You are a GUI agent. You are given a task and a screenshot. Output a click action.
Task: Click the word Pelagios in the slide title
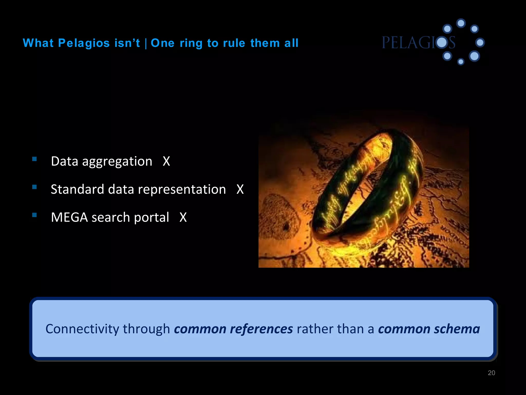click(x=84, y=43)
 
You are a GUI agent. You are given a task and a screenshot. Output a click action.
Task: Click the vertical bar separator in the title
click(x=146, y=43)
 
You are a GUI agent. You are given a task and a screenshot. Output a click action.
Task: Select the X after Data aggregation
click(x=166, y=161)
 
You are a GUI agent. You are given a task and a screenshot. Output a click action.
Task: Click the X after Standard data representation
click(x=240, y=190)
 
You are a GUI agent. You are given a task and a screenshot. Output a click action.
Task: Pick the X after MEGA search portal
click(x=183, y=218)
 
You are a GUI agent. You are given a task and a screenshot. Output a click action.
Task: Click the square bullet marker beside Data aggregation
click(x=34, y=159)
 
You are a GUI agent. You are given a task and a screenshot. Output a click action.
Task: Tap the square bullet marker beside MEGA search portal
click(x=34, y=215)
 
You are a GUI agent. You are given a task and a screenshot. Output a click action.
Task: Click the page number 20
click(x=491, y=373)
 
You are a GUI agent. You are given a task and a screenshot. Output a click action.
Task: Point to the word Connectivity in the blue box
click(x=82, y=329)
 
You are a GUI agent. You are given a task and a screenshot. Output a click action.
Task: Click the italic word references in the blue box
click(x=261, y=329)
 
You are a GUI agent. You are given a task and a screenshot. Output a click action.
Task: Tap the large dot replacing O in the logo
click(x=442, y=42)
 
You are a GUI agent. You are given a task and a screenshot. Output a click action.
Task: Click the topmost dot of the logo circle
click(x=461, y=23)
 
